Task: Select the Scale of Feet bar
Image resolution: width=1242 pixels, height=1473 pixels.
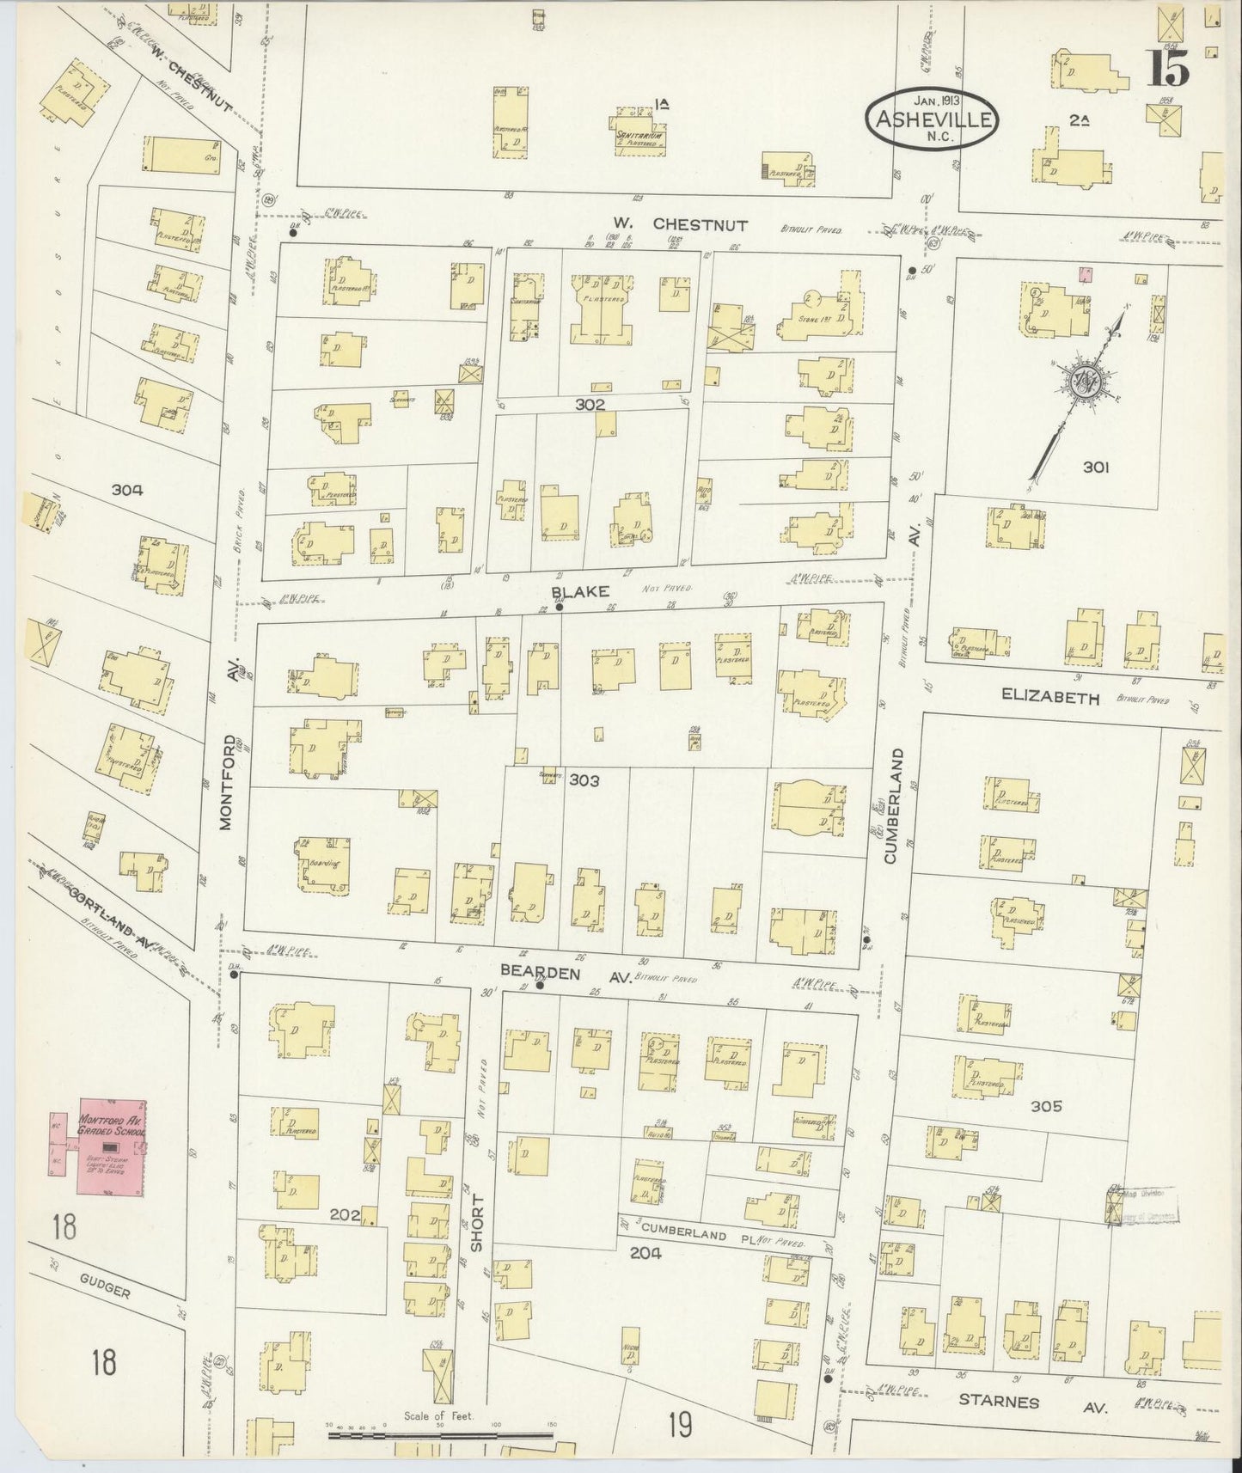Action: [439, 1435]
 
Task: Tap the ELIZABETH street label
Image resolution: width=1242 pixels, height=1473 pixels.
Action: [1050, 699]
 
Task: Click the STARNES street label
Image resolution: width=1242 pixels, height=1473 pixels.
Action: [998, 1403]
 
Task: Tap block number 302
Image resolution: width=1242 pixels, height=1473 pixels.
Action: [590, 403]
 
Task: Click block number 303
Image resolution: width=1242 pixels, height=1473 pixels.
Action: [584, 780]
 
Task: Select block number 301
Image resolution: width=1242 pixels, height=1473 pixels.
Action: [1095, 467]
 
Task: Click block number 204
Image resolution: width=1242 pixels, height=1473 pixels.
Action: [645, 1252]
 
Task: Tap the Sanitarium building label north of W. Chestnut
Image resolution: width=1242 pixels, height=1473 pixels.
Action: [641, 136]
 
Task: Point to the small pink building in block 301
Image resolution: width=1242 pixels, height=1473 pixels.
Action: [1086, 274]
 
